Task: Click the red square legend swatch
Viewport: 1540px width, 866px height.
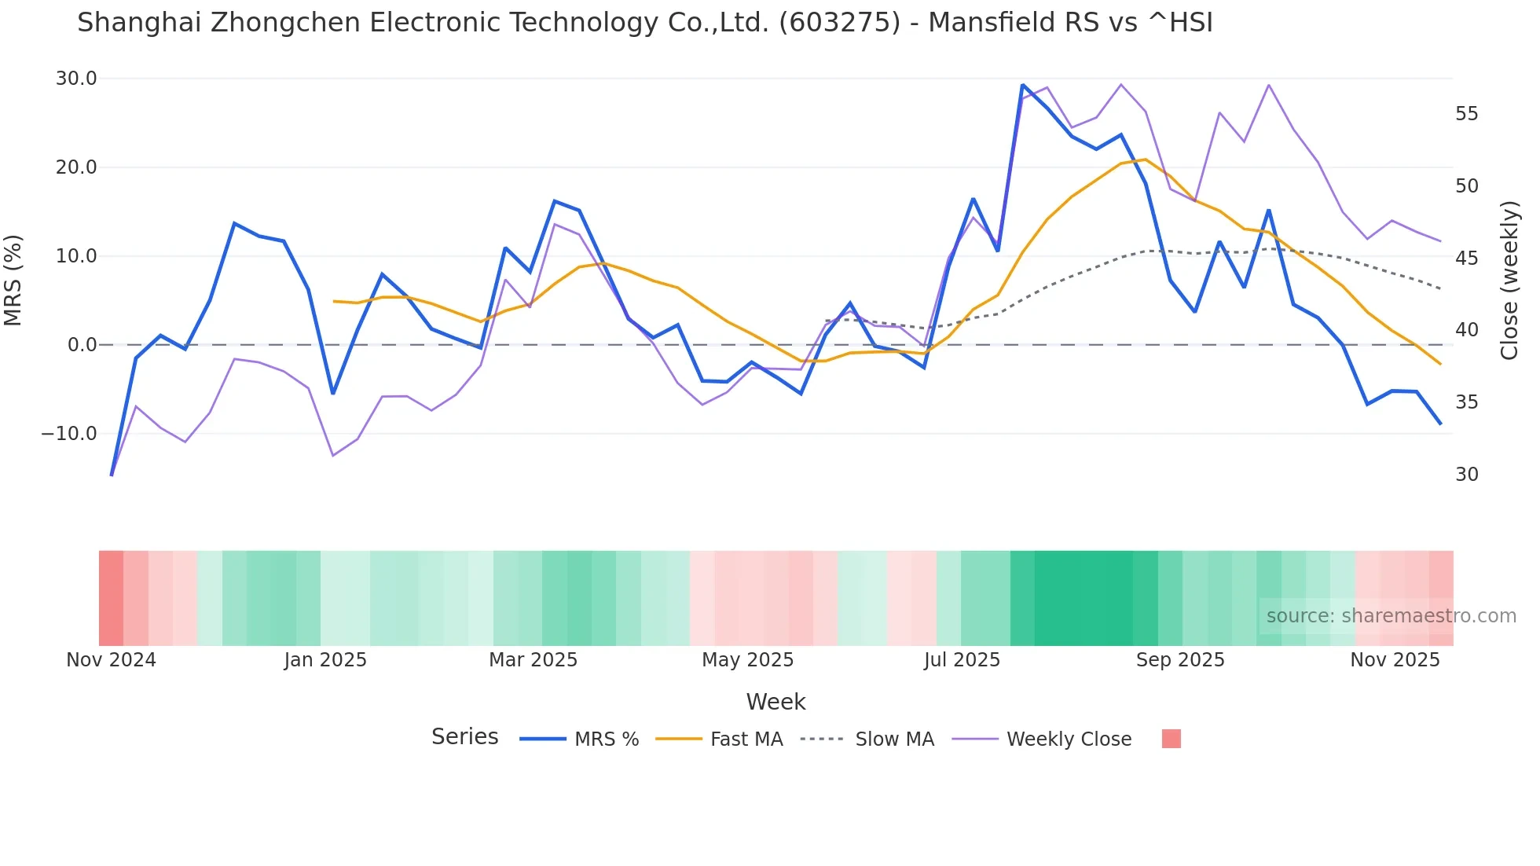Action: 1171,739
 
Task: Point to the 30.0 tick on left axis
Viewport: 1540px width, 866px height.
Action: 76,79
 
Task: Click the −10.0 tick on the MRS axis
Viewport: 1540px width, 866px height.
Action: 69,434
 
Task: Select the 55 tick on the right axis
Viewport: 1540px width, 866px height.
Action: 1466,114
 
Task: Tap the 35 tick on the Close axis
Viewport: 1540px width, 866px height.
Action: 1466,402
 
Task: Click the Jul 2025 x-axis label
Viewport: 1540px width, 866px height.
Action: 962,660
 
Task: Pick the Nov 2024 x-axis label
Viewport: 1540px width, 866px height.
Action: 111,660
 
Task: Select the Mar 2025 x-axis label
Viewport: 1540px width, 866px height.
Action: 533,660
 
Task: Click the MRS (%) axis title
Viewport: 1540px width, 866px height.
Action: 13,280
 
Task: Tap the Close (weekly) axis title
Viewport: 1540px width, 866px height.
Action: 1509,280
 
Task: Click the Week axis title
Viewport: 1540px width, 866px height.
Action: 775,702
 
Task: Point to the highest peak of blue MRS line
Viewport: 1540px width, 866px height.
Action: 1022,85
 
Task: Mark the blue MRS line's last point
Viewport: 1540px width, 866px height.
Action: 1440,424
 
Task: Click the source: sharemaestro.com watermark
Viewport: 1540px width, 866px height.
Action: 1391,616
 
